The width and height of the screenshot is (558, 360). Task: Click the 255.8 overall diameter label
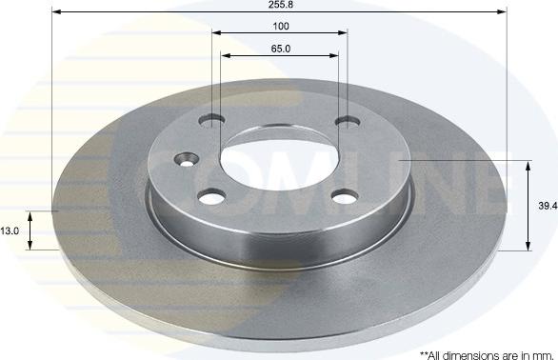coord(279,5)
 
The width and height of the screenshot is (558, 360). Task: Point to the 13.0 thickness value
coord(10,230)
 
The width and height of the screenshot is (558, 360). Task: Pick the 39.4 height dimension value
coord(547,206)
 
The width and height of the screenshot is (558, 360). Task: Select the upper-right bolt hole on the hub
coord(349,122)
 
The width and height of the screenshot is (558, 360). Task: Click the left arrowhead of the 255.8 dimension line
coord(55,12)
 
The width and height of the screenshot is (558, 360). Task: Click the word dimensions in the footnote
coord(467,353)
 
